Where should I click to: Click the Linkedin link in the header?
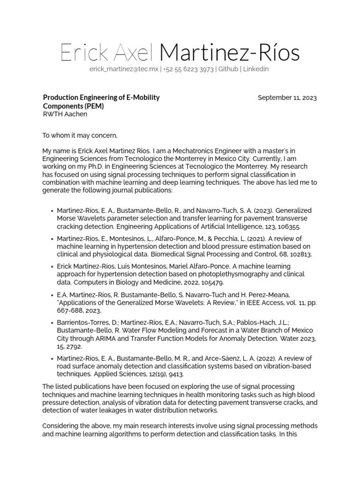point(256,69)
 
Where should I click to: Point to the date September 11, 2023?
point(287,98)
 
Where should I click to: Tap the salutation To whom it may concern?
point(80,136)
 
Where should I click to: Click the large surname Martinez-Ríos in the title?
point(229,53)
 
